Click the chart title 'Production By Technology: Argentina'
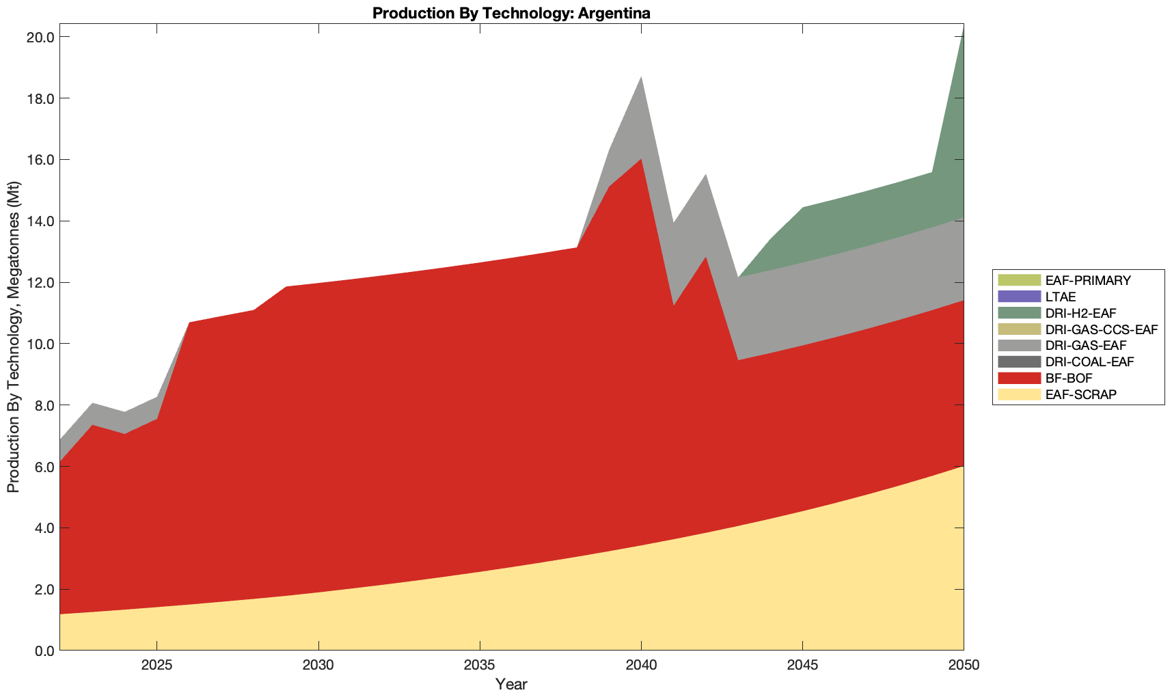[511, 12]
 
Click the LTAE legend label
[1061, 297]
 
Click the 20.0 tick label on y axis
[40, 37]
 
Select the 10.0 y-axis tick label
[40, 344]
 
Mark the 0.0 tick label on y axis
[43, 651]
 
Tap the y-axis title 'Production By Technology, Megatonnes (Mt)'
[14, 337]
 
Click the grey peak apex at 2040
[641, 77]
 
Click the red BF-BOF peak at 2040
[641, 159]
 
